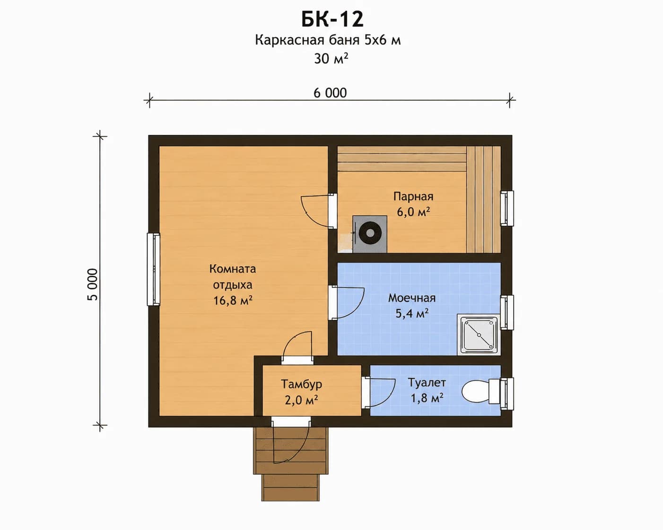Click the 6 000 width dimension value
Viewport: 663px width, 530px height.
point(330,93)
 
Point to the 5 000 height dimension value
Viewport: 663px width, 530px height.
point(93,284)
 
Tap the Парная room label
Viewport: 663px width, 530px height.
point(413,197)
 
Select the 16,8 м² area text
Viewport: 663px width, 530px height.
point(233,300)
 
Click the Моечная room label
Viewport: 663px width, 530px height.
point(412,298)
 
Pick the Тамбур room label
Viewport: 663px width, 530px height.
point(301,385)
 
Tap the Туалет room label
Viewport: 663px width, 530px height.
point(427,383)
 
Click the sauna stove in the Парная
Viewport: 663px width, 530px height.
point(370,234)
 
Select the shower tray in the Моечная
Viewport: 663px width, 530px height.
point(479,334)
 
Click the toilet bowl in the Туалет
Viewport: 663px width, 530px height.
point(480,392)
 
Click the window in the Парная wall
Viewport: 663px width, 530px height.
point(507,208)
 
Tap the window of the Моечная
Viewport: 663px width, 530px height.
point(507,312)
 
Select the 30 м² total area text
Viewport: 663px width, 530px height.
point(331,58)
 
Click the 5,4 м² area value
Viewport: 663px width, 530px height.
point(412,313)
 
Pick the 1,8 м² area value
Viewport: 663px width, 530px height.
point(427,398)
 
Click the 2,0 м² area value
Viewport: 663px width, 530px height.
point(301,400)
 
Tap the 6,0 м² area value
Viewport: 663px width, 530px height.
point(413,212)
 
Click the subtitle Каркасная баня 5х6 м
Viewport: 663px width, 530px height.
point(328,40)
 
